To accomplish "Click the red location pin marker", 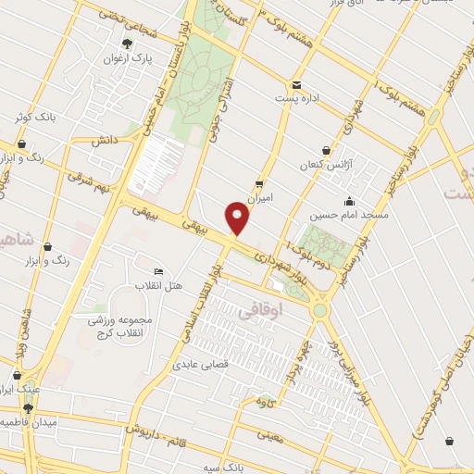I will pyautogui.click(x=238, y=218).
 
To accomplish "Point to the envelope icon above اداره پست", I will pyautogui.click(x=296, y=83).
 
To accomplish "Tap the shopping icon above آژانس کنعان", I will pyautogui.click(x=326, y=150).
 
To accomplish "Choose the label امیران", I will pyautogui.click(x=260, y=196).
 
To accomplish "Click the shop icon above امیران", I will pyautogui.click(x=259, y=182).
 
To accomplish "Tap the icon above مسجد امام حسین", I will pyautogui.click(x=349, y=201).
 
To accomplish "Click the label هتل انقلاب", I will pyautogui.click(x=159, y=285).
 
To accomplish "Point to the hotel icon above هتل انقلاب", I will pyautogui.click(x=158, y=271).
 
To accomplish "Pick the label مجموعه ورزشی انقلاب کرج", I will pyautogui.click(x=119, y=325).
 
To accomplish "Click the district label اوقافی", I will pyautogui.click(x=258, y=313).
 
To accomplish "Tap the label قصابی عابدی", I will pyautogui.click(x=196, y=364).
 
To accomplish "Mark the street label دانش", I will pyautogui.click(x=102, y=141).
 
